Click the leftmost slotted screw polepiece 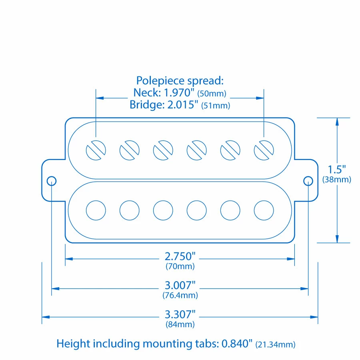96,150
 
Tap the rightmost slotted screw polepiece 264,150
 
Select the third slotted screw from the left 163,150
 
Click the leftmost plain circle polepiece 96,210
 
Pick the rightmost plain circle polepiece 264,210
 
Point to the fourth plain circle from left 197,210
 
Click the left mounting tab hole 52,181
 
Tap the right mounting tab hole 308,181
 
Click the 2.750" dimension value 180,256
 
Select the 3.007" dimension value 180,285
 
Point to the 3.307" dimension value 180,314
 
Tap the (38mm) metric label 337,180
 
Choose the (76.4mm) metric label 180,296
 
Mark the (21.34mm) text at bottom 276,344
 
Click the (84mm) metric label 180,324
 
